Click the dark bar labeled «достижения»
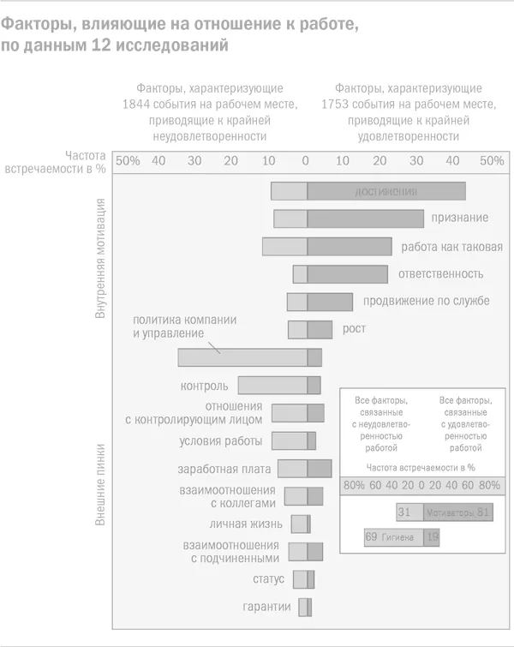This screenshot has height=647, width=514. (386, 192)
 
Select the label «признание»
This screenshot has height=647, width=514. (460, 219)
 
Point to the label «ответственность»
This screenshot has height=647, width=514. (440, 274)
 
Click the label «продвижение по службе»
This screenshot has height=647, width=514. (426, 301)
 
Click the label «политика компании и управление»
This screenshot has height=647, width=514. (184, 326)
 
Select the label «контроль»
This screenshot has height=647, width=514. (204, 386)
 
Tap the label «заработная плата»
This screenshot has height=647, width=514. (224, 469)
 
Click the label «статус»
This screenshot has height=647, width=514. (268, 578)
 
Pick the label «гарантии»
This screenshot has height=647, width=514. (265, 607)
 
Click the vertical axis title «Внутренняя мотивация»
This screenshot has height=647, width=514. (101, 259)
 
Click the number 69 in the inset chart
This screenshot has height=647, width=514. (372, 537)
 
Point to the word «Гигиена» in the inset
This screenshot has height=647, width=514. (398, 537)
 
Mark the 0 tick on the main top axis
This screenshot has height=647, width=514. (306, 161)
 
